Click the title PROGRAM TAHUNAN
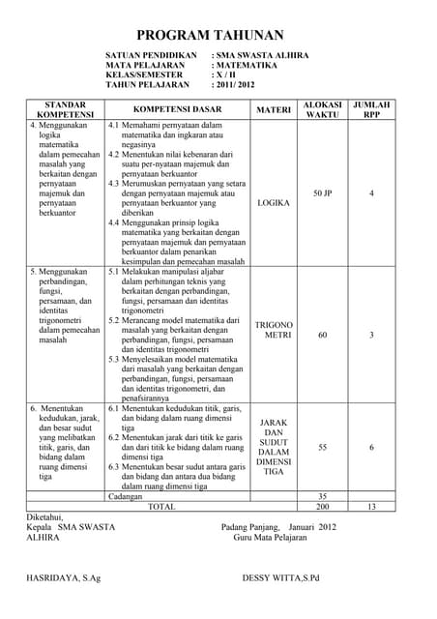pyautogui.click(x=218, y=35)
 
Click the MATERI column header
pyautogui.click(x=274, y=109)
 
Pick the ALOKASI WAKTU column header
pyautogui.click(x=322, y=108)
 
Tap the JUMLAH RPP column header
pyautogui.click(x=371, y=108)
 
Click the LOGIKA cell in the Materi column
pyautogui.click(x=274, y=204)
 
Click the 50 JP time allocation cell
pyautogui.click(x=323, y=193)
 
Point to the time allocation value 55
pyautogui.click(x=323, y=448)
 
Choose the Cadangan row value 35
pyautogui.click(x=323, y=496)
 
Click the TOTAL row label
pyautogui.click(x=160, y=506)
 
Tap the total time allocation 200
pyautogui.click(x=323, y=506)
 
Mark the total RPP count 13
pyautogui.click(x=371, y=506)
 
